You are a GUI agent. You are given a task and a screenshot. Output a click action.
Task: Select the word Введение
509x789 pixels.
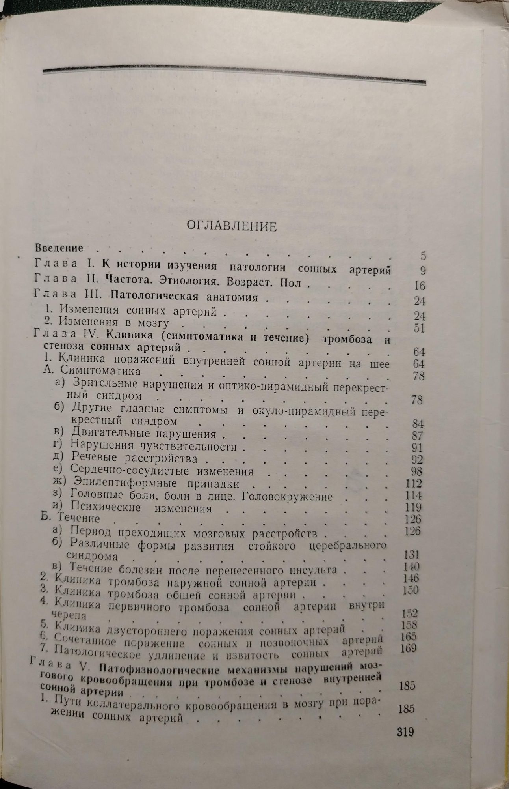[59, 248]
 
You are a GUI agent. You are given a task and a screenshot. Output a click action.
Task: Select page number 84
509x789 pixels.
[417, 424]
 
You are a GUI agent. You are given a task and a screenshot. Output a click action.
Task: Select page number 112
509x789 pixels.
[413, 483]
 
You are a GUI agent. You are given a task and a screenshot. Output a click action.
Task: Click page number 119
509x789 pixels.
[413, 507]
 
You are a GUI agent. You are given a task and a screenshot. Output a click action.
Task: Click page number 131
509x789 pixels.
[412, 555]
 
